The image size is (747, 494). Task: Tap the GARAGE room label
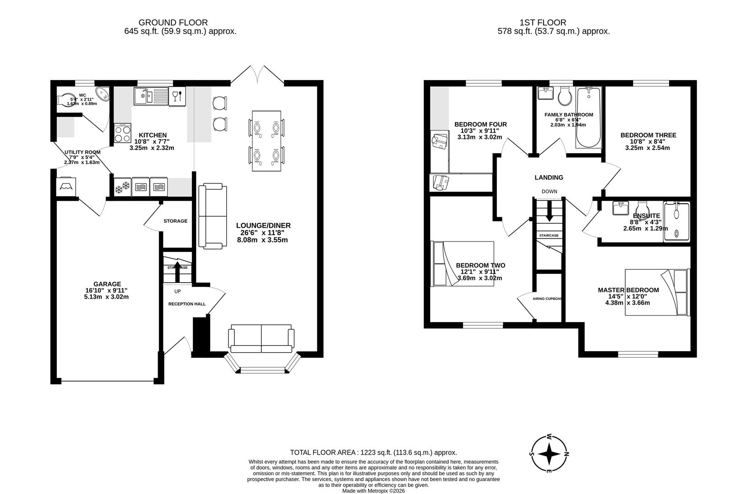(103, 284)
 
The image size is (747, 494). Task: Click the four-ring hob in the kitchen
(122, 134)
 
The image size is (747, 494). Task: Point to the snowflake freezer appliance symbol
(122, 187)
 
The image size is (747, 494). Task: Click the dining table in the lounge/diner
(267, 141)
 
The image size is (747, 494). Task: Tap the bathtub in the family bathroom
(589, 118)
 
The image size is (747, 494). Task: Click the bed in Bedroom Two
(463, 263)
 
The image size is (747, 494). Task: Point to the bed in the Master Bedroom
(657, 292)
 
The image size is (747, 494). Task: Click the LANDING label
(549, 177)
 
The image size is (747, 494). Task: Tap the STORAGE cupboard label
(175, 221)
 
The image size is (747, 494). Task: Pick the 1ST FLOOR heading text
(543, 22)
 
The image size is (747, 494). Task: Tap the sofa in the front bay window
(261, 338)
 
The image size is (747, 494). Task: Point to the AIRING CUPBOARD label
(548, 299)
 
